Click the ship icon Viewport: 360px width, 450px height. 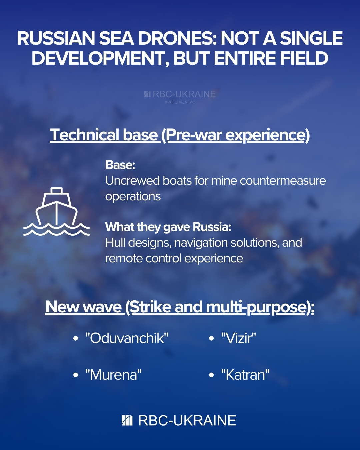[x=56, y=211]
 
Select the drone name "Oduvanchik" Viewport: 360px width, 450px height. [x=127, y=338]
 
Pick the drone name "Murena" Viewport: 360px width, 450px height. [x=113, y=375]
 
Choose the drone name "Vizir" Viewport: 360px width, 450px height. [x=239, y=338]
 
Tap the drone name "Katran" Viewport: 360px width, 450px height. [x=245, y=375]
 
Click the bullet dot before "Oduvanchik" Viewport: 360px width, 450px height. [x=76, y=339]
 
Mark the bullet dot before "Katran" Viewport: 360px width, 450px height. [x=211, y=375]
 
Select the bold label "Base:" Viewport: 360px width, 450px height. [x=120, y=165]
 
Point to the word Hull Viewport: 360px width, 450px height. [x=115, y=243]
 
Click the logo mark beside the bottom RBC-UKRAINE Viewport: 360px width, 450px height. [x=127, y=421]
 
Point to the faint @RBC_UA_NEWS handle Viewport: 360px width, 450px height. [x=180, y=102]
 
